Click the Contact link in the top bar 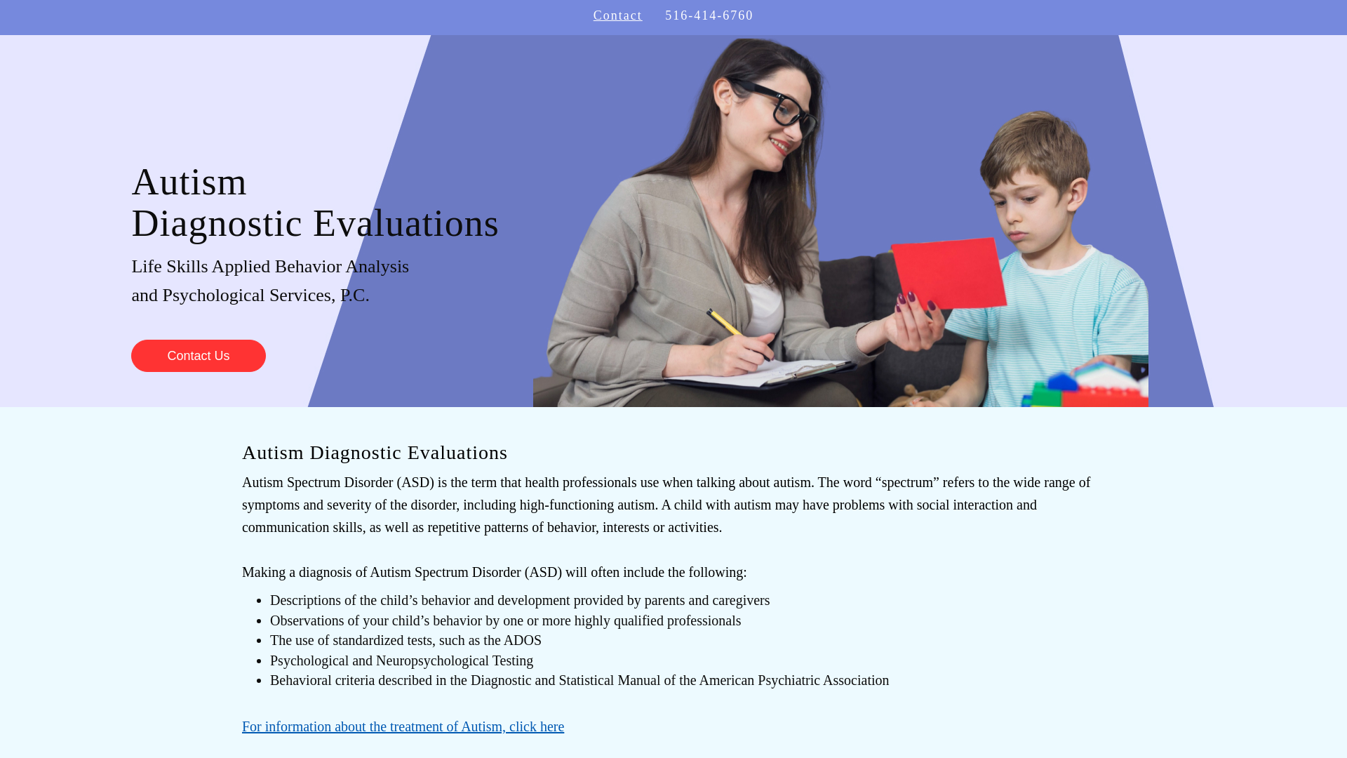(617, 15)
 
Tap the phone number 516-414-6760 (709, 15)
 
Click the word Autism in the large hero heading (189, 182)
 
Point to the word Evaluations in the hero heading (406, 224)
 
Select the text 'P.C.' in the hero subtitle (354, 295)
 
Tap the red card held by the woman (949, 274)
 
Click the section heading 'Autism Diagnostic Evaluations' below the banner (375, 453)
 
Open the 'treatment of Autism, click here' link (403, 726)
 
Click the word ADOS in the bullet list (522, 640)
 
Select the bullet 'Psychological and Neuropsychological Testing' (401, 660)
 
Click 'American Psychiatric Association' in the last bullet (793, 680)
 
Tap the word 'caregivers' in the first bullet (741, 600)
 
